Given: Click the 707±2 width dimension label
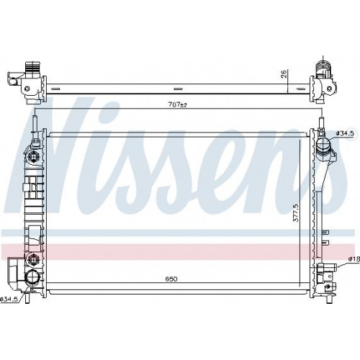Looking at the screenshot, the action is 177,104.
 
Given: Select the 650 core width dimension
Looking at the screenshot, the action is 171,279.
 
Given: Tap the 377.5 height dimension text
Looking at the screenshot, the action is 296,213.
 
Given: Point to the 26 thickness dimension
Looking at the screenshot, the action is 284,73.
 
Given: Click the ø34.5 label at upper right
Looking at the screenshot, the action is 345,133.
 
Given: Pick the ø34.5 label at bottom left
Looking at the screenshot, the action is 9,299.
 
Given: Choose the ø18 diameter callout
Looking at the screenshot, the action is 354,259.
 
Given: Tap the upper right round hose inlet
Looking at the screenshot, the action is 323,145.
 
